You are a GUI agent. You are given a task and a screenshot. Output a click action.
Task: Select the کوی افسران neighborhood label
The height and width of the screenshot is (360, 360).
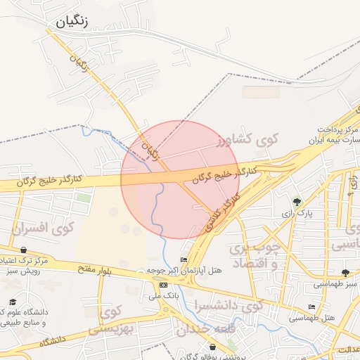tap(44, 228)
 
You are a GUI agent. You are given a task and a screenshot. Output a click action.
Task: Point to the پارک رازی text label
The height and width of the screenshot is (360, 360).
tap(296, 212)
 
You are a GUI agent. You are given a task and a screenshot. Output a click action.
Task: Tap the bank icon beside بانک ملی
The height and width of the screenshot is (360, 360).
tap(164, 285)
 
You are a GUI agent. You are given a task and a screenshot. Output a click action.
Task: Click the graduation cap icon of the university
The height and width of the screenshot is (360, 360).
tap(13, 301)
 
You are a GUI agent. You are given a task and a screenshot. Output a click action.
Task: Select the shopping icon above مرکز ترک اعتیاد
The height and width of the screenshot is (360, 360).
tap(23, 250)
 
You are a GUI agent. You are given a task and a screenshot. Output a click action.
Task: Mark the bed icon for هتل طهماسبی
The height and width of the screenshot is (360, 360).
tap(312, 307)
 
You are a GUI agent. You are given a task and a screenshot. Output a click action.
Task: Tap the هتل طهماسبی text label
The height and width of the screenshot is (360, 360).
tap(311, 318)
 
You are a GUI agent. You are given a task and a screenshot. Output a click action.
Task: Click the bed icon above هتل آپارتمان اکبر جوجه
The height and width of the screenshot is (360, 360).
tap(184, 260)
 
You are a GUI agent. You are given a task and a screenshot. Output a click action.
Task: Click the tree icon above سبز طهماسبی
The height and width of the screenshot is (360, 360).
tap(345, 273)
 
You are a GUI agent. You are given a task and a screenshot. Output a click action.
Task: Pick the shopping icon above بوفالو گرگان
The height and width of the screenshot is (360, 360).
tap(213, 347)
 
